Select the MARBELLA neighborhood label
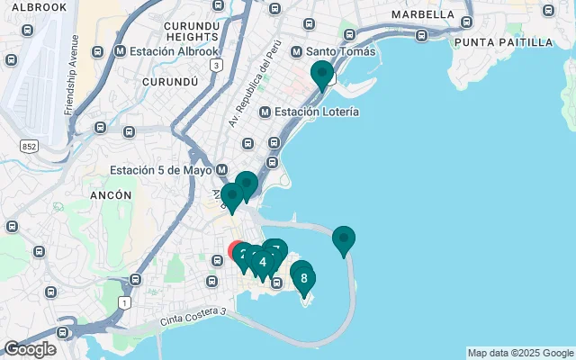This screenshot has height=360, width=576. (422, 14)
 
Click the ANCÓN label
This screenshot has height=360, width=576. (111, 194)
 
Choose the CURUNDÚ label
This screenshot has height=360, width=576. (170, 81)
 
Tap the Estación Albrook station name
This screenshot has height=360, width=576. (175, 50)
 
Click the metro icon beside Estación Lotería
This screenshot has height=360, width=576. (265, 112)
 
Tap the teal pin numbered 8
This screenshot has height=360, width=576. (303, 277)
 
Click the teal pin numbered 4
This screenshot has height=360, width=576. (262, 262)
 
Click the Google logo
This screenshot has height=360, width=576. (30, 349)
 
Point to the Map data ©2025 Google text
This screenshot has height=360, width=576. (520, 353)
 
